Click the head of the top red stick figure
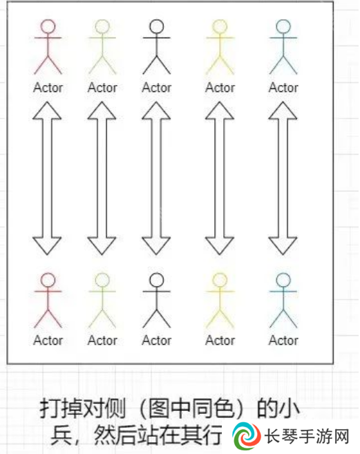click(x=48, y=27)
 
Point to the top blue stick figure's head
click(x=283, y=27)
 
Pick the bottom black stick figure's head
click(x=156, y=281)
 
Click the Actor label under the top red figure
click(x=48, y=88)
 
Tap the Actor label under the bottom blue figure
click(x=283, y=340)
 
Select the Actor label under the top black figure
click(x=156, y=88)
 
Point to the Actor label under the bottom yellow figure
click(x=220, y=340)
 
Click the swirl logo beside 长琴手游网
click(x=247, y=436)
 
